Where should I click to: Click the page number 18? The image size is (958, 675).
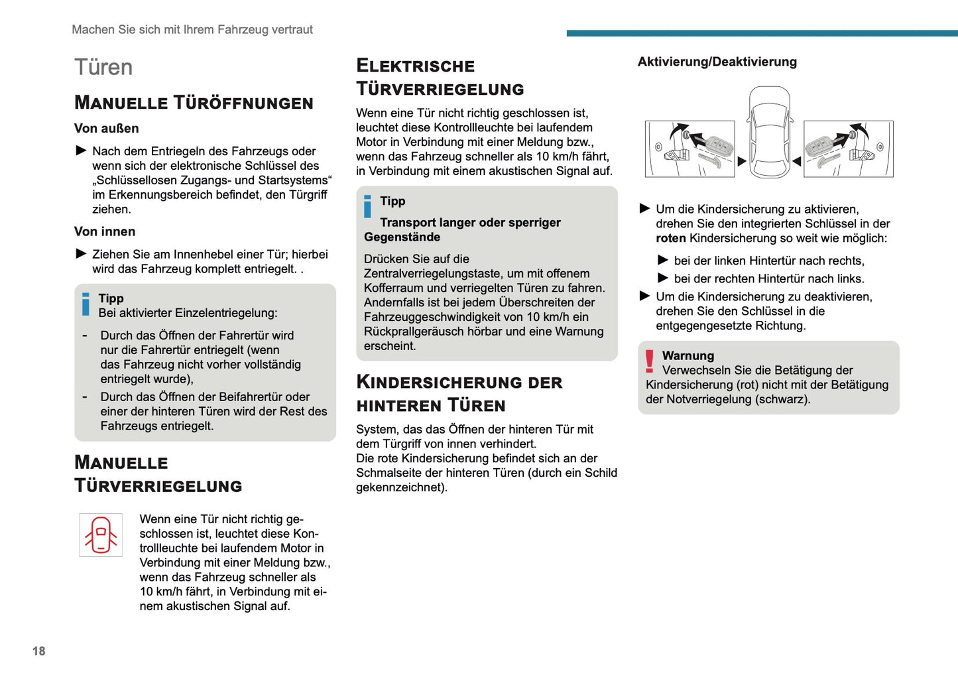tap(39, 651)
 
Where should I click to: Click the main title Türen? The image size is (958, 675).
tap(103, 68)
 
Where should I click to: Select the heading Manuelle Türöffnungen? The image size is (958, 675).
tap(194, 103)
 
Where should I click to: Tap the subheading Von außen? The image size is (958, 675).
tap(107, 129)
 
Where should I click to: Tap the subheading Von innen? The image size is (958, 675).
tap(105, 231)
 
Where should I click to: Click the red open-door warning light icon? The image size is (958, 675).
tap(101, 534)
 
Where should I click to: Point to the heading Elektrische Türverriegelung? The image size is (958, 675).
tap(440, 77)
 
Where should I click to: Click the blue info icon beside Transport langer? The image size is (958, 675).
tap(368, 206)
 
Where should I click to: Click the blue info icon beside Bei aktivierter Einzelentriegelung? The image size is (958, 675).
tap(86, 304)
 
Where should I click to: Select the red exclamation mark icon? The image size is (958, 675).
tap(650, 361)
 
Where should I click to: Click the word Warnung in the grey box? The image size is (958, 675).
tap(688, 356)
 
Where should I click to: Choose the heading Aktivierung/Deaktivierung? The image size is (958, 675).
tap(717, 62)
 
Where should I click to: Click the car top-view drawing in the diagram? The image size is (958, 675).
tap(769, 133)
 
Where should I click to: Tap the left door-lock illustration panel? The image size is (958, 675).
tap(690, 149)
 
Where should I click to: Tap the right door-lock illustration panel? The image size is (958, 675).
tap(848, 149)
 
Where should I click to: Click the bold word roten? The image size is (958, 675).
tap(671, 239)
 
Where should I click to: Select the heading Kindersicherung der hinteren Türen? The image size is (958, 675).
tap(459, 393)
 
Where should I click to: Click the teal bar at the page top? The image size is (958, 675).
tap(762, 33)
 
